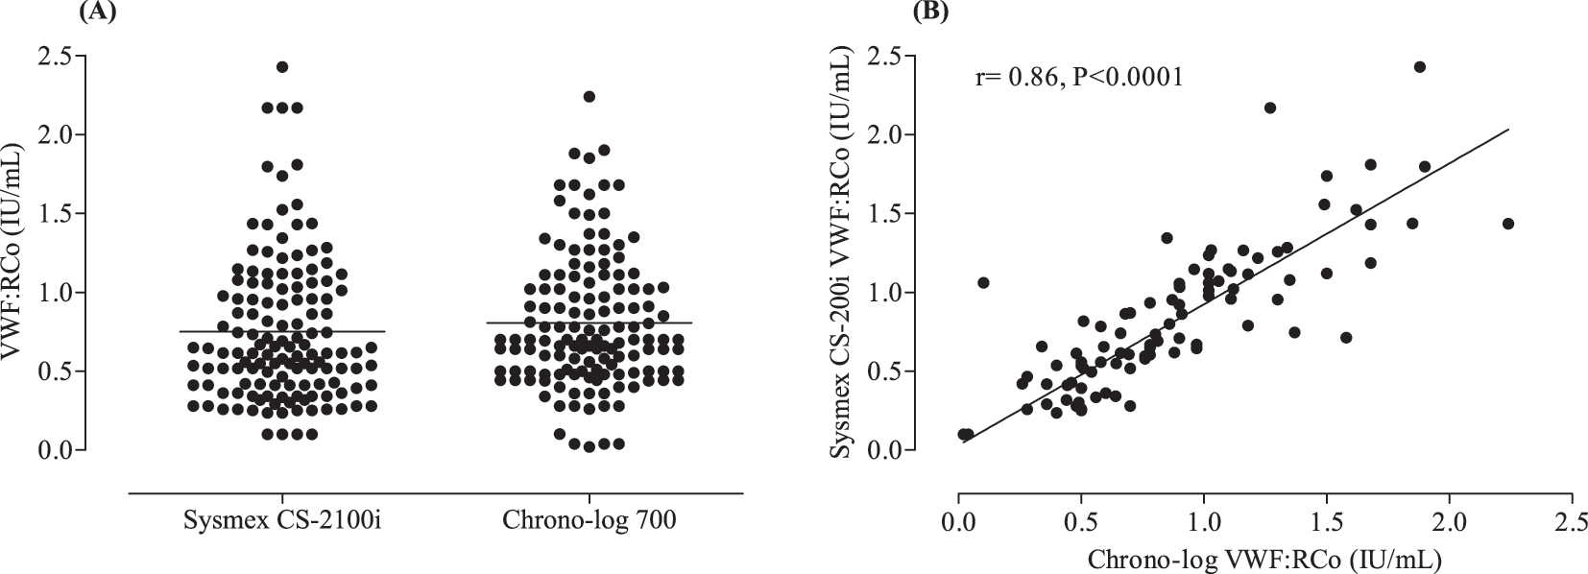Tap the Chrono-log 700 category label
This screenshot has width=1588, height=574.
(589, 521)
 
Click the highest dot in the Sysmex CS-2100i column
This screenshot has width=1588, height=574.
(282, 67)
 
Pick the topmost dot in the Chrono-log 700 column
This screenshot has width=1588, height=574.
(589, 96)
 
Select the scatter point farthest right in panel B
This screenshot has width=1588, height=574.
(1507, 224)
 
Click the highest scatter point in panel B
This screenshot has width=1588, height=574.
(1419, 67)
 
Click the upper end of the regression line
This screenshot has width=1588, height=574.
(1508, 130)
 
